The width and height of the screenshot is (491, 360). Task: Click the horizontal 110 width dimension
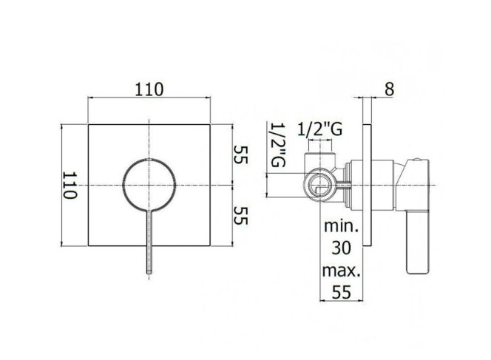click(x=149, y=89)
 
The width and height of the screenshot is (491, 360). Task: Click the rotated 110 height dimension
click(x=70, y=186)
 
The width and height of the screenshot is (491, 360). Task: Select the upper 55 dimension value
click(x=240, y=154)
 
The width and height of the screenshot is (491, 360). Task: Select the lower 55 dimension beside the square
click(x=240, y=216)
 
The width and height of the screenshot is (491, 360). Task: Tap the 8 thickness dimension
click(x=389, y=89)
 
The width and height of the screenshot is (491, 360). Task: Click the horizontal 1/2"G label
click(x=319, y=129)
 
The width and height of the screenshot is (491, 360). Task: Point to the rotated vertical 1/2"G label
click(x=277, y=145)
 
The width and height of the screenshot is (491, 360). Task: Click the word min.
click(x=341, y=225)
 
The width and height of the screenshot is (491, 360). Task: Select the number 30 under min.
click(x=342, y=248)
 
